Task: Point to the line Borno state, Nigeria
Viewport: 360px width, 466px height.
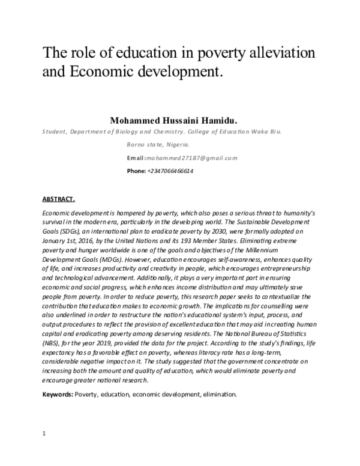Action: pyautogui.click(x=158, y=145)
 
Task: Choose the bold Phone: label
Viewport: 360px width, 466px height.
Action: pyautogui.click(x=136, y=171)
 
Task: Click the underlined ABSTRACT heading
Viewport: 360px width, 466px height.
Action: pyautogui.click(x=58, y=199)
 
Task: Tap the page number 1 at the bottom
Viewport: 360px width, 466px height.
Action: pyautogui.click(x=44, y=433)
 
